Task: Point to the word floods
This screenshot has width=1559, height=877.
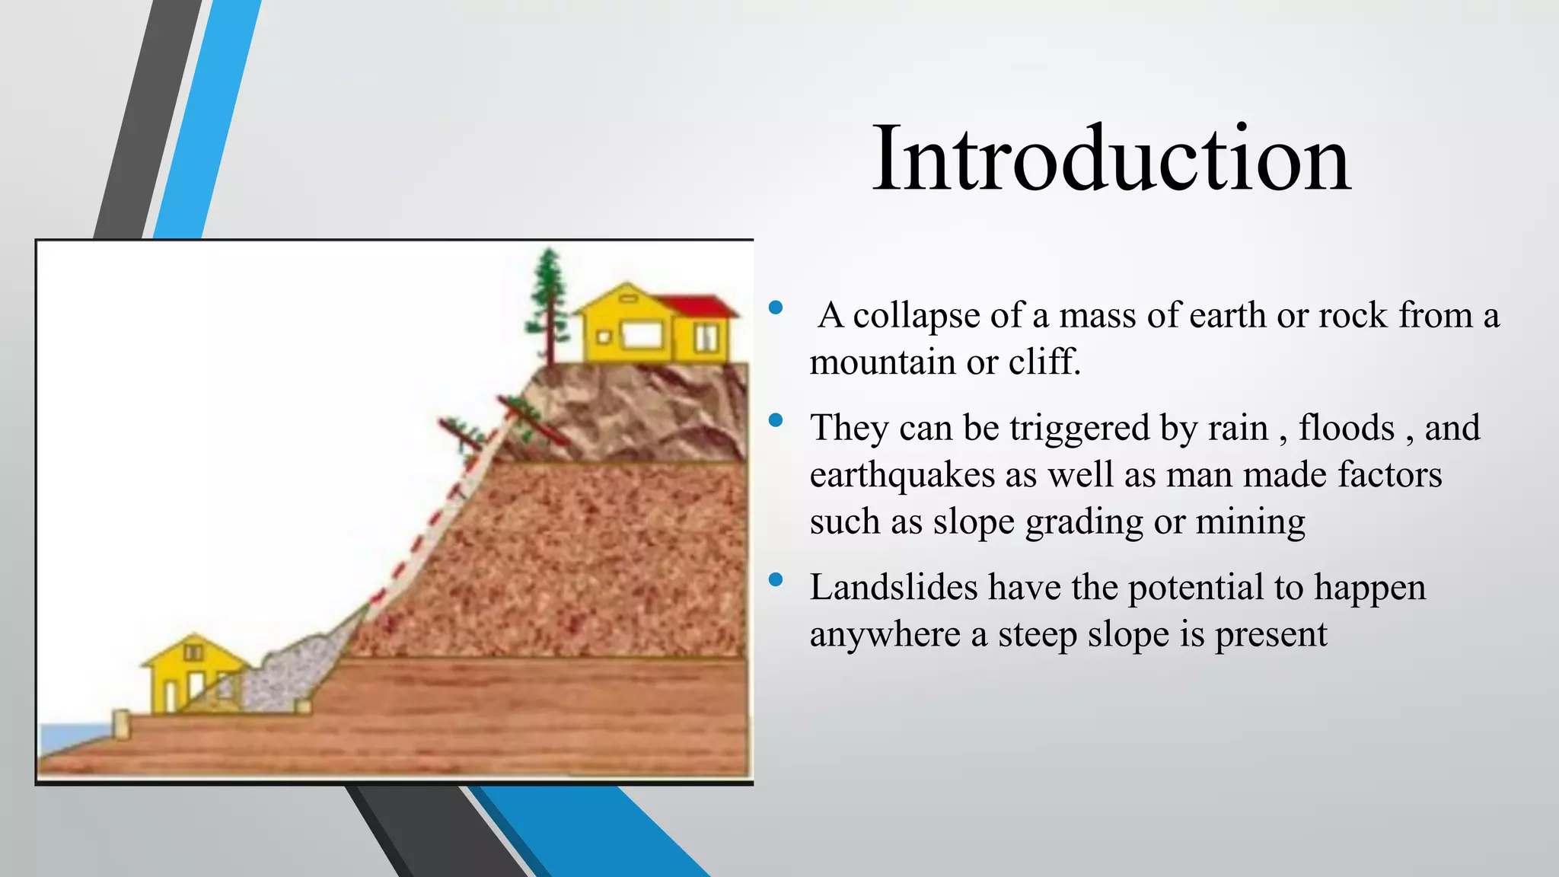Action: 1346,428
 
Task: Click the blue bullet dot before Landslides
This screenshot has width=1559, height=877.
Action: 776,580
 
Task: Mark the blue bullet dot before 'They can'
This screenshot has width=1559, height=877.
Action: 776,420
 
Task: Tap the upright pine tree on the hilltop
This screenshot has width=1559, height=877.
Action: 548,305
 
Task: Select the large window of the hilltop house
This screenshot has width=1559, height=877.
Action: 641,335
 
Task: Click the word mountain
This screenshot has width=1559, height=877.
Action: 882,362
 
